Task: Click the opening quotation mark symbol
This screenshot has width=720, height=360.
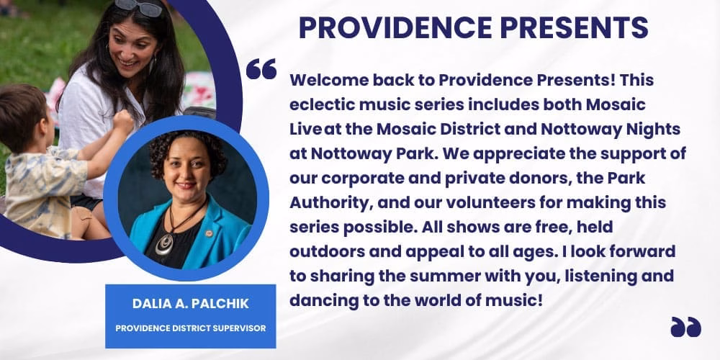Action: [x=261, y=69]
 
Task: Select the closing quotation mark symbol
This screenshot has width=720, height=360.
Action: [x=685, y=327]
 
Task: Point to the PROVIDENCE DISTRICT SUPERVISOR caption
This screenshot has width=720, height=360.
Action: [x=190, y=328]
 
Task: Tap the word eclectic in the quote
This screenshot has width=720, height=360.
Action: [x=318, y=104]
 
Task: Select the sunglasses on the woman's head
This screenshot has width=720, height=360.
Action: [x=138, y=7]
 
